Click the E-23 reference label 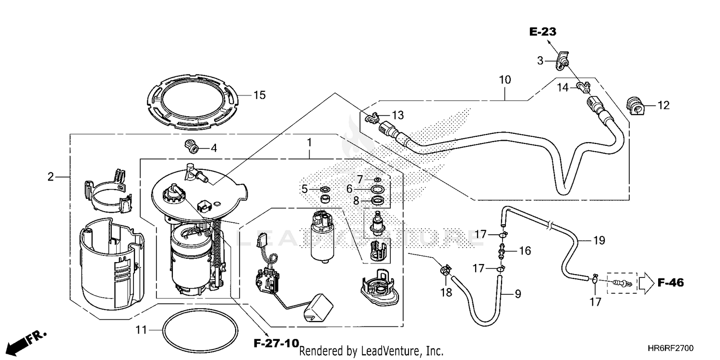click(x=543, y=32)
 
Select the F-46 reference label click(x=670, y=283)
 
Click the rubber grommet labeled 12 click(x=636, y=105)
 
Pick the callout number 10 click(x=504, y=79)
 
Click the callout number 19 click(x=599, y=240)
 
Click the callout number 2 click(x=50, y=177)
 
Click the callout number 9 click(x=517, y=293)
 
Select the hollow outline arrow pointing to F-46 click(x=645, y=283)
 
